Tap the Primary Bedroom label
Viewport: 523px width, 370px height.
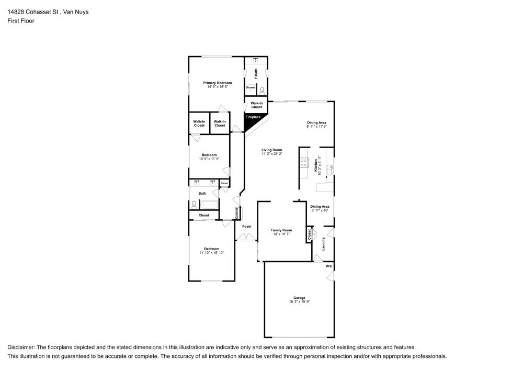click(x=218, y=83)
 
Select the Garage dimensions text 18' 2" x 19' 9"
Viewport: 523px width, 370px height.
click(x=299, y=302)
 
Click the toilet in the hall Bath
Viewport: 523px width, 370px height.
click(x=194, y=204)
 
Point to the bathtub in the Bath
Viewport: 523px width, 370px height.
click(x=209, y=204)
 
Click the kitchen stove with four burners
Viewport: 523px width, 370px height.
click(x=303, y=163)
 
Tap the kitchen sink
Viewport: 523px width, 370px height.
click(x=330, y=169)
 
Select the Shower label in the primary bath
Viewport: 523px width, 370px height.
click(x=251, y=87)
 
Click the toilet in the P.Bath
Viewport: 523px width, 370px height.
click(x=262, y=89)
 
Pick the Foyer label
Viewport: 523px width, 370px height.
click(x=247, y=227)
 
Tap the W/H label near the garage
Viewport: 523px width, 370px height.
click(x=329, y=266)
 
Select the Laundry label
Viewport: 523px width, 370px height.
click(x=324, y=243)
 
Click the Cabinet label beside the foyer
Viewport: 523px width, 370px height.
click(x=237, y=213)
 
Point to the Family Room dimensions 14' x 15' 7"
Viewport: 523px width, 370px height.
click(x=281, y=234)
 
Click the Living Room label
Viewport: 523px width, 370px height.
click(x=272, y=150)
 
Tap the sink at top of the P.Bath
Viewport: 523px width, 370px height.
click(x=256, y=61)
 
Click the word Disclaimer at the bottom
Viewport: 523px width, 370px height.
click(x=20, y=347)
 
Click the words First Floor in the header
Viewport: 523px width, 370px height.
click(x=21, y=21)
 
